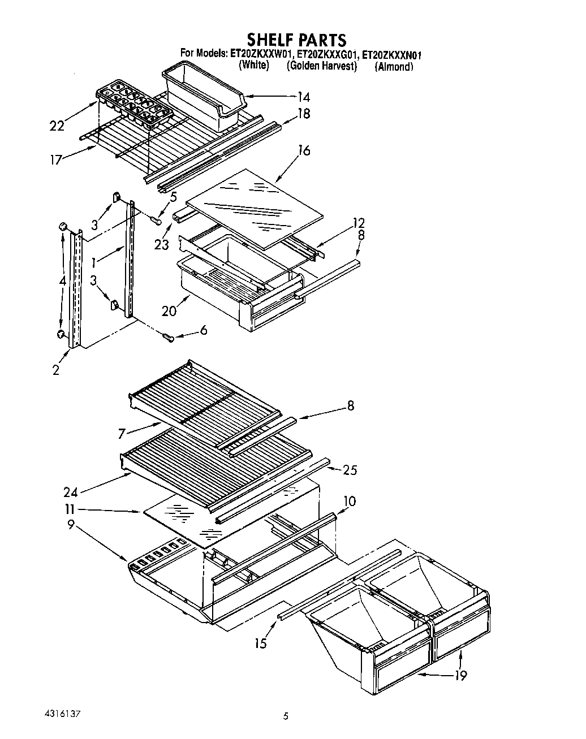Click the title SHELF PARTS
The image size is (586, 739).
coord(296,40)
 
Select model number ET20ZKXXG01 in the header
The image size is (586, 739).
coord(322,55)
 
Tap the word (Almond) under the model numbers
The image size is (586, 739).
coord(394,67)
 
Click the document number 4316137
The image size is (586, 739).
coord(61,713)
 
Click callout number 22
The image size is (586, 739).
coord(57,126)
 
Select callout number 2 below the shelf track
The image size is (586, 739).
coord(56,370)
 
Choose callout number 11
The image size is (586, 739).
coord(70,509)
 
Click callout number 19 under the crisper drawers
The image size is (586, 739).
coord(461,675)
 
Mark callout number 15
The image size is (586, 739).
coord(260,643)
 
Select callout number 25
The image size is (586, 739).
coord(351,470)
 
